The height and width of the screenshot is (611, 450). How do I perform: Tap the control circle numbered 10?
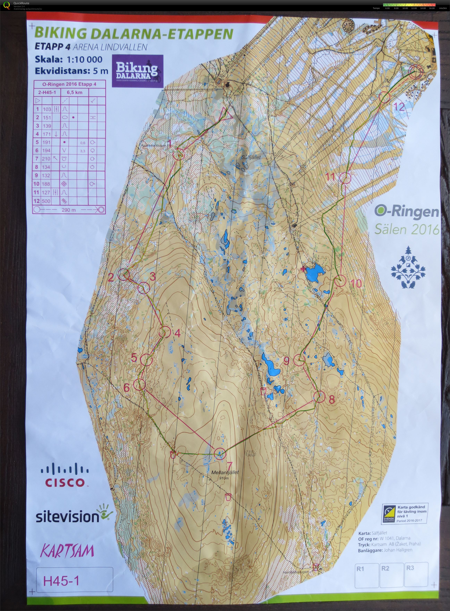click(x=340, y=281)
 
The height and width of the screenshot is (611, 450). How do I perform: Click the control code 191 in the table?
click(x=47, y=142)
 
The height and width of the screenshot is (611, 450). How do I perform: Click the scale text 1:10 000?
click(x=84, y=59)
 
